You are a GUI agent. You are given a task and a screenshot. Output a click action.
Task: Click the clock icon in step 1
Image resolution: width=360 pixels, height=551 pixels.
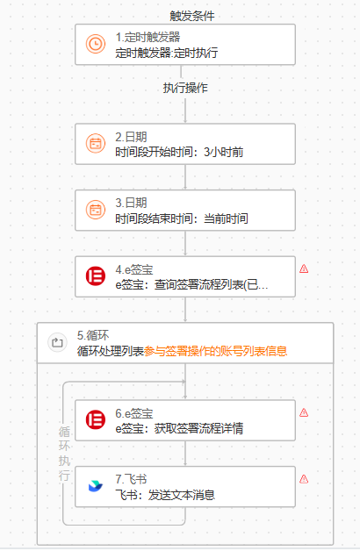click(96, 44)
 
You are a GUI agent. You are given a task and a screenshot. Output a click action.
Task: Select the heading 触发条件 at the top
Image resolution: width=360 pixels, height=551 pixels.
click(192, 16)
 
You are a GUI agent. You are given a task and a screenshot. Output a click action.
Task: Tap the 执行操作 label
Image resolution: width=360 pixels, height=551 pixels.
click(185, 88)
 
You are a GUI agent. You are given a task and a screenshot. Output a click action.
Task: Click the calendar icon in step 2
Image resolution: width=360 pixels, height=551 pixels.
click(96, 143)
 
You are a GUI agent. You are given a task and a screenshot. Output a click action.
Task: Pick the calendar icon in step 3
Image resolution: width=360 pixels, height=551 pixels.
click(96, 210)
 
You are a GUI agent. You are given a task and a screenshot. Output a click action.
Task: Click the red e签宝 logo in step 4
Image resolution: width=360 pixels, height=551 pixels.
click(96, 275)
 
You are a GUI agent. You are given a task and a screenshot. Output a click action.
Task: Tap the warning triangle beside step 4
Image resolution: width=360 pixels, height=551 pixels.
click(304, 269)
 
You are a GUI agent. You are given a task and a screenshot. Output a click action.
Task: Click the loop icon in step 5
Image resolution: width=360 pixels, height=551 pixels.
click(57, 342)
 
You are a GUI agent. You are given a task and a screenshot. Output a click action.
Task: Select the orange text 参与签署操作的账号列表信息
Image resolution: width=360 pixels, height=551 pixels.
click(215, 351)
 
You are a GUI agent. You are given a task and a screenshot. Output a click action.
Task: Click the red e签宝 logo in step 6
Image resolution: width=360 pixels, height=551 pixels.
click(96, 419)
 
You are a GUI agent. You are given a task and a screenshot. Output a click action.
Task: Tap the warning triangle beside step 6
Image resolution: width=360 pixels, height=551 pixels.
click(304, 413)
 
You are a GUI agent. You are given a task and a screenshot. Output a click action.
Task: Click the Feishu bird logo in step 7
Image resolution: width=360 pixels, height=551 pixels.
click(96, 486)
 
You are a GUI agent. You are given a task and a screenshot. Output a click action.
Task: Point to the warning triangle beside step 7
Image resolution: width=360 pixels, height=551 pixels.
click(304, 479)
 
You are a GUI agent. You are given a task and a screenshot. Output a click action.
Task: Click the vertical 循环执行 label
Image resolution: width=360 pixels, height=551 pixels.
click(64, 454)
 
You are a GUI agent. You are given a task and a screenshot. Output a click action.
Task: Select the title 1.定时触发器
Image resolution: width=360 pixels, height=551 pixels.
click(148, 37)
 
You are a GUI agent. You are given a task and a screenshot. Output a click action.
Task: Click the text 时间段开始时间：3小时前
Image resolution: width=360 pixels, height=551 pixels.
click(179, 152)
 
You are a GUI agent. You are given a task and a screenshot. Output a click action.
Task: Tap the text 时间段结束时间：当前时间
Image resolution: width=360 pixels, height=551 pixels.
click(182, 218)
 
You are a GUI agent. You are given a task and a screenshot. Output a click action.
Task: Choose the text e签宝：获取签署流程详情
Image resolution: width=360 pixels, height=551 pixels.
click(179, 428)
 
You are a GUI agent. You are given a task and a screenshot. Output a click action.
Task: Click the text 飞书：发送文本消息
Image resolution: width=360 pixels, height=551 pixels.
click(165, 495)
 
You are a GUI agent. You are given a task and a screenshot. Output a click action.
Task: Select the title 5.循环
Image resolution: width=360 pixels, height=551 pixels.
click(93, 335)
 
